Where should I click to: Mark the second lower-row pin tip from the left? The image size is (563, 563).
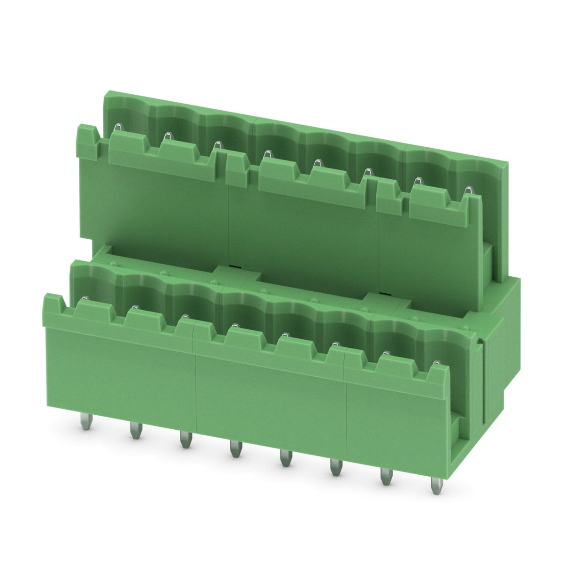(x=134, y=308)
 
